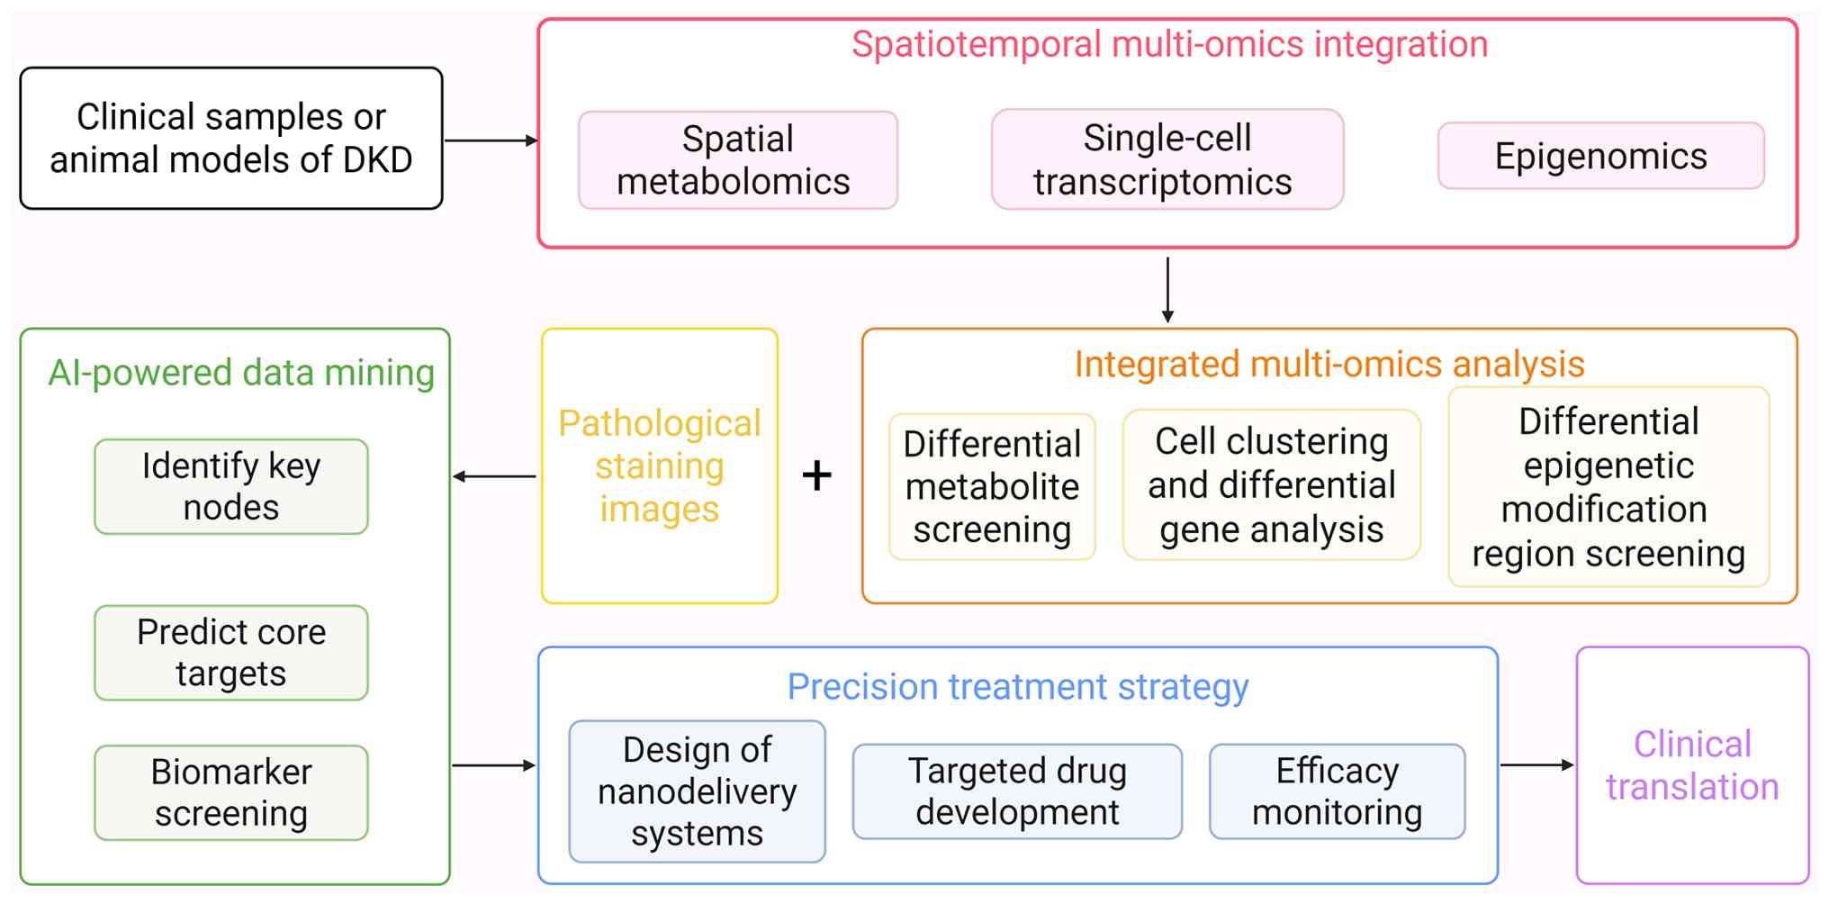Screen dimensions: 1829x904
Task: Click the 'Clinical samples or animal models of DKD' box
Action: (231, 139)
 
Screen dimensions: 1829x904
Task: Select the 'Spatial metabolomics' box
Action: (738, 160)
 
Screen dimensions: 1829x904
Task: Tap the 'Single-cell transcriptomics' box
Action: (1167, 159)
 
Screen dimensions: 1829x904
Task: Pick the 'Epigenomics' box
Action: (1601, 156)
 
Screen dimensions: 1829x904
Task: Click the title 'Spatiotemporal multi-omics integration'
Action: (1170, 44)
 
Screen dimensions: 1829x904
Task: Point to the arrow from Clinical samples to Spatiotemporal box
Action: (491, 140)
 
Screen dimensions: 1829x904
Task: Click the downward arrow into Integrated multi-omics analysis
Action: (1167, 290)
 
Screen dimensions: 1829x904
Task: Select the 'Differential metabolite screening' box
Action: (993, 486)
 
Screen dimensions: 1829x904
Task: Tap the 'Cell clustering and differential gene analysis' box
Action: (1272, 484)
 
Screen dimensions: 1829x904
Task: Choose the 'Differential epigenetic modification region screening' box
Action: (1608, 487)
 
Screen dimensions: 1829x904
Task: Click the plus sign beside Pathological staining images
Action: (817, 475)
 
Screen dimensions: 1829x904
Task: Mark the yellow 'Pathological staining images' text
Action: (660, 466)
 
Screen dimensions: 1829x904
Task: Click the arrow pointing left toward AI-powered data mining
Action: (494, 476)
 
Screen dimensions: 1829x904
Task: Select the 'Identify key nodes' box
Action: (231, 486)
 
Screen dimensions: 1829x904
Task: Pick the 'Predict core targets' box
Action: (231, 653)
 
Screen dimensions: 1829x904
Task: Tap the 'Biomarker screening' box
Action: (231, 792)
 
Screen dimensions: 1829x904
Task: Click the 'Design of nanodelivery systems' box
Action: (698, 791)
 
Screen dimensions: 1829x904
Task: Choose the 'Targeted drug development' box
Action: (1018, 791)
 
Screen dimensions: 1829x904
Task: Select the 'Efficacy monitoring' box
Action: (1338, 791)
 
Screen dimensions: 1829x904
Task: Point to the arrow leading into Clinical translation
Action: (1537, 765)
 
